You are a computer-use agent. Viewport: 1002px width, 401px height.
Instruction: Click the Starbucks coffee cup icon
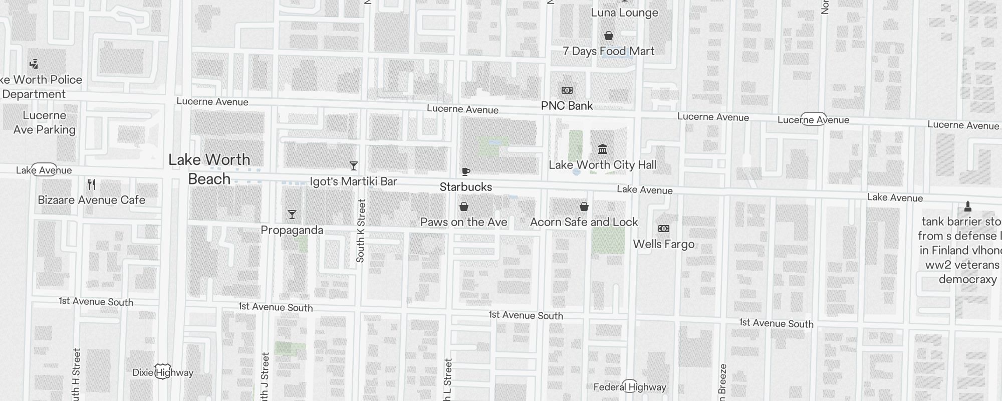(x=465, y=172)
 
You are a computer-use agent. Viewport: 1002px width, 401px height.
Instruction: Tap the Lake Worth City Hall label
(x=602, y=165)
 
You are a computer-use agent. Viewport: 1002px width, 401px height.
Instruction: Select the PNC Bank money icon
(x=567, y=90)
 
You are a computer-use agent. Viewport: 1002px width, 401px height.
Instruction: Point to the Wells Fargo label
(x=664, y=244)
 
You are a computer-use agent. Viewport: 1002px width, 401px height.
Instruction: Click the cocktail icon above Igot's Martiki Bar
(x=354, y=166)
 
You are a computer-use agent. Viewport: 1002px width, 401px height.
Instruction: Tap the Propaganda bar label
(x=292, y=230)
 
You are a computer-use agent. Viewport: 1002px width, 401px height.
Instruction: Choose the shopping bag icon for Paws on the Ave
(x=464, y=207)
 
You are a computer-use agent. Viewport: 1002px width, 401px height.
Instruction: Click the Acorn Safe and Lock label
(x=584, y=222)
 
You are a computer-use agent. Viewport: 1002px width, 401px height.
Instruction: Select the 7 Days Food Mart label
(x=608, y=51)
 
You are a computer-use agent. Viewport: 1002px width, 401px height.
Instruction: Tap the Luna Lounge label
(x=624, y=13)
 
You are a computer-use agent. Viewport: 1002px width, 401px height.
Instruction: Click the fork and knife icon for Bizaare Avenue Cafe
(x=92, y=184)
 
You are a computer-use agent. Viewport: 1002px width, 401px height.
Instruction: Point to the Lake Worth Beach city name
(x=209, y=169)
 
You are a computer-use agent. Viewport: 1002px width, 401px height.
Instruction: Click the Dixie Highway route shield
(x=163, y=371)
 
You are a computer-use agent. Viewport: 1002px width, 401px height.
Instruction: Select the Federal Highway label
(x=630, y=387)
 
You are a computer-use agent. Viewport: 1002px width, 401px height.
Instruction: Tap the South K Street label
(x=361, y=231)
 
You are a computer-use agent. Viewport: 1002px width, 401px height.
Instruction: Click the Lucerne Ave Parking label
(x=44, y=122)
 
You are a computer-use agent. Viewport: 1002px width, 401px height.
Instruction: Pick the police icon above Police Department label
(x=34, y=64)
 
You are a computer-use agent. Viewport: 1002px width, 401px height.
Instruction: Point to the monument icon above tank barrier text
(x=968, y=206)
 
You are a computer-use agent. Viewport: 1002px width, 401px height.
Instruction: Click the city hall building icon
(x=603, y=149)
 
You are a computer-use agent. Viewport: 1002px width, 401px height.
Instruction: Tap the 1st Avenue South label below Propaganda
(x=276, y=307)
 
